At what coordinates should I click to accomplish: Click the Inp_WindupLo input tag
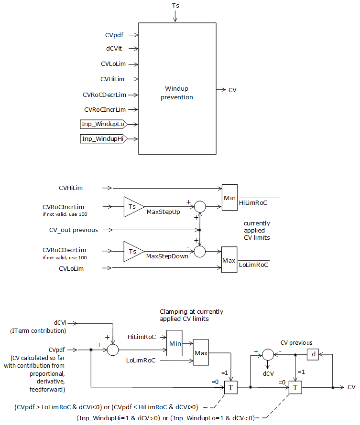pyautogui.click(x=102, y=125)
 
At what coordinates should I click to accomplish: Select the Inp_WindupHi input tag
pyautogui.click(x=102, y=139)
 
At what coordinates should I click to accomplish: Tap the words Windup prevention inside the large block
pyautogui.click(x=177, y=93)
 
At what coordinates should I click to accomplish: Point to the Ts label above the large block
pyautogui.click(x=175, y=6)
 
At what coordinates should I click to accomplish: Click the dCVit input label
pyautogui.click(x=115, y=49)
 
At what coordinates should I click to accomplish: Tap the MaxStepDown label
pyautogui.click(x=167, y=256)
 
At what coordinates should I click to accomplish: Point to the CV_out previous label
pyautogui.click(x=74, y=230)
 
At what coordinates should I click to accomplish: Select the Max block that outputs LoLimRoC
pyautogui.click(x=229, y=261)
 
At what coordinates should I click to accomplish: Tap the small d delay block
pyautogui.click(x=313, y=354)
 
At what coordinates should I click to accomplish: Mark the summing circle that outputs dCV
pyautogui.click(x=268, y=354)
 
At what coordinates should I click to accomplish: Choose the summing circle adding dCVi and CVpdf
pyautogui.click(x=112, y=350)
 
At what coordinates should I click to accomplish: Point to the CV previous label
pyautogui.click(x=296, y=343)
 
